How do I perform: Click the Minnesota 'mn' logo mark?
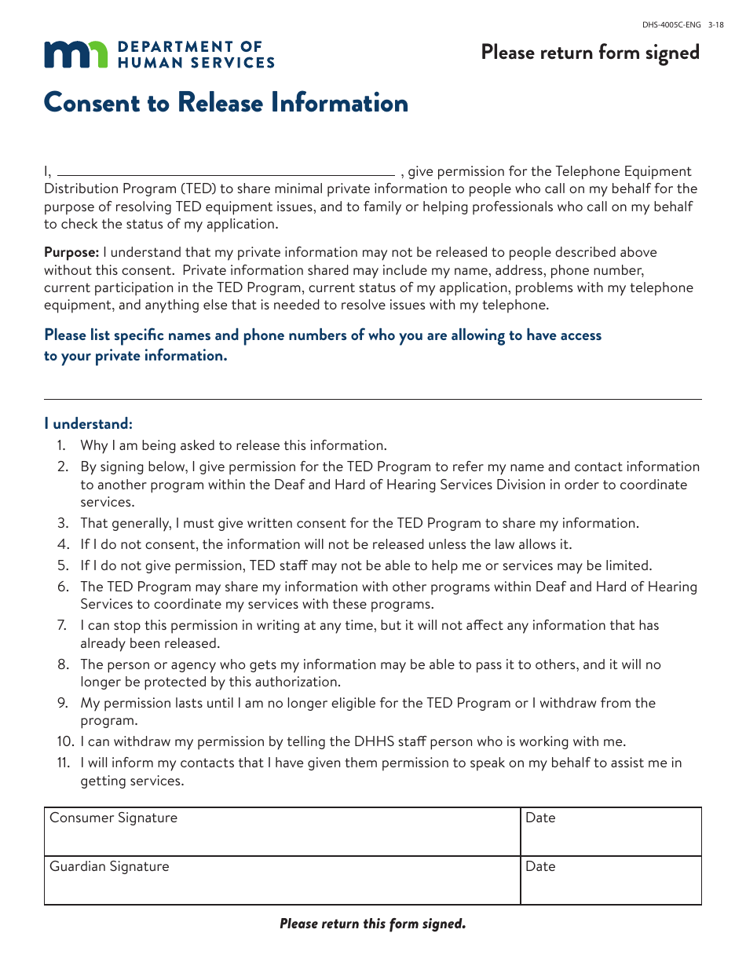[x=76, y=54]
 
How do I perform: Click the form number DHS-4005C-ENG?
[x=671, y=24]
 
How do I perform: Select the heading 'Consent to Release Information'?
[x=226, y=103]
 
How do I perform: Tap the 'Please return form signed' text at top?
[x=590, y=53]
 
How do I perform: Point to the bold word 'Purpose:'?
[x=71, y=252]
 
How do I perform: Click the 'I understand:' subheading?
[x=88, y=423]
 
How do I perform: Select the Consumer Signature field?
[x=283, y=832]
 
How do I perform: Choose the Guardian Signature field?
[x=283, y=880]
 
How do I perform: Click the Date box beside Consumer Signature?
[x=611, y=832]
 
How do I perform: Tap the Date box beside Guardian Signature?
[x=611, y=880]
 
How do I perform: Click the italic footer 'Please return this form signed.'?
[x=373, y=924]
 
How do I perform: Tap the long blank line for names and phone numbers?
[x=373, y=398]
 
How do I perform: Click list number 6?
[x=62, y=587]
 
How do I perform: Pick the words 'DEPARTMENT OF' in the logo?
[x=189, y=47]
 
